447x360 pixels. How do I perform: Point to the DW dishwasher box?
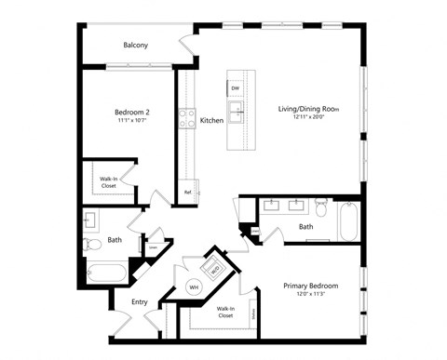235,88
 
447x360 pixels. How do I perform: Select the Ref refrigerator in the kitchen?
189,192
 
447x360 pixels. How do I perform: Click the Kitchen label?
211,121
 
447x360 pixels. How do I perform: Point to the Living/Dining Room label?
308,109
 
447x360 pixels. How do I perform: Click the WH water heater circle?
196,287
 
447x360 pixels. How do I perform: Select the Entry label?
140,301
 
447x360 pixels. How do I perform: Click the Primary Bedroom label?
310,286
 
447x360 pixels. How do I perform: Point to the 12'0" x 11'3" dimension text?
310,295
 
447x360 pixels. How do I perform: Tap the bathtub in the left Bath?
103,274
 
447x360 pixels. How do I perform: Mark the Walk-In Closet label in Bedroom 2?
109,182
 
